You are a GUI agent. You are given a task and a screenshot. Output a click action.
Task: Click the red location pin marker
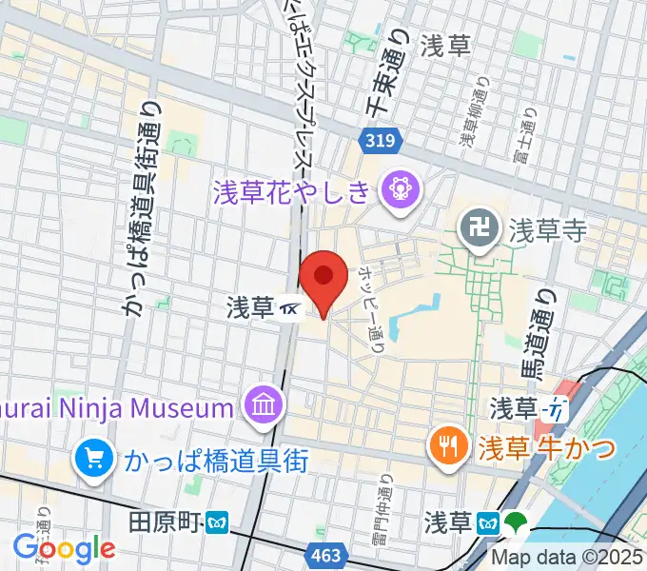(323, 277)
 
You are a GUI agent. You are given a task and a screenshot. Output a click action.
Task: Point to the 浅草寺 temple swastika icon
(474, 228)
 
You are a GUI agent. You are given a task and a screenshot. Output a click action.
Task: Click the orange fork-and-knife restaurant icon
(445, 444)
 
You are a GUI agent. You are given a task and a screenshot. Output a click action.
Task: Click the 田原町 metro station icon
(220, 522)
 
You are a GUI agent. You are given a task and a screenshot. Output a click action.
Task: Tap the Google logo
(64, 548)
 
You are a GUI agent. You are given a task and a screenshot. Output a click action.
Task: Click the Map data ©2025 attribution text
(568, 557)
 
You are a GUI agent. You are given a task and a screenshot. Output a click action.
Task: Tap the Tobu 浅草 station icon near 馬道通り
(554, 410)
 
